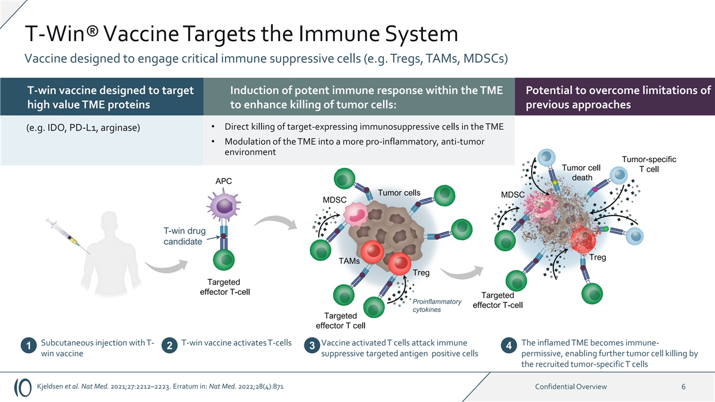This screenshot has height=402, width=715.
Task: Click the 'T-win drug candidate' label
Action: (185, 236)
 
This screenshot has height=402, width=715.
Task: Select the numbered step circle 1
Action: (27, 347)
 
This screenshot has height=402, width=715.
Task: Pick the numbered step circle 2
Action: (169, 347)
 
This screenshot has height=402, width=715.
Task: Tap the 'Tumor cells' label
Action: (399, 192)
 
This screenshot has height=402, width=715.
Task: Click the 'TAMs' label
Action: (349, 261)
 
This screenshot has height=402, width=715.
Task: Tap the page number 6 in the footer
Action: (683, 387)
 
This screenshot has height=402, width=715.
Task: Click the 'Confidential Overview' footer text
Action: (571, 387)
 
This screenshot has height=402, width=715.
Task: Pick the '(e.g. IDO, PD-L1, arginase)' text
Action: (83, 129)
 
